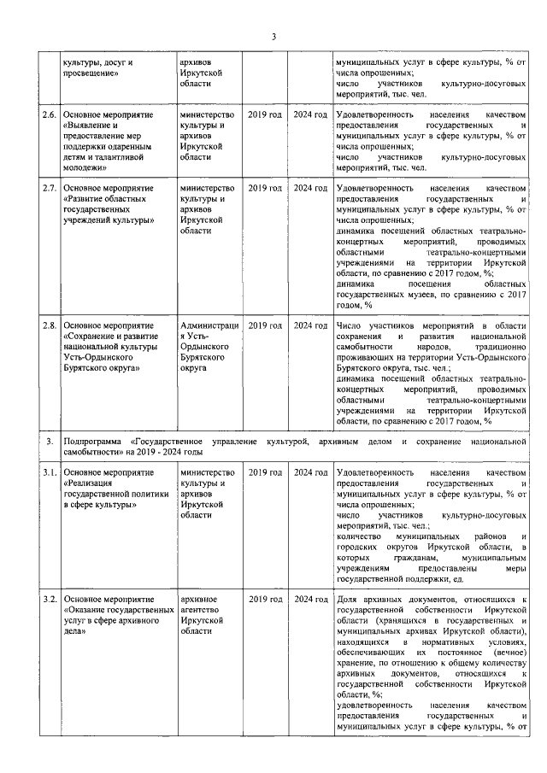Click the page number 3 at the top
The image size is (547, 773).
(273, 36)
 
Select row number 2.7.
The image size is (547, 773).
(50, 187)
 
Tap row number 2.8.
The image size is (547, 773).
(50, 326)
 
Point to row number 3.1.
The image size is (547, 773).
(50, 472)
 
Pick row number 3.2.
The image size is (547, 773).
(50, 601)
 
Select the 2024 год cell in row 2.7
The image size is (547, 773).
(310, 187)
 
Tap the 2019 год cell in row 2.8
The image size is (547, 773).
(265, 326)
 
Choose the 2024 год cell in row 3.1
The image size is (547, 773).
(310, 472)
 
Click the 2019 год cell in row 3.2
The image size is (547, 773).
(265, 601)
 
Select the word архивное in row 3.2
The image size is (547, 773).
(198, 601)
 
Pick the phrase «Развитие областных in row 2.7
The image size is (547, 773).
(105, 198)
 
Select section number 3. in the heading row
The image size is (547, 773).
(50, 441)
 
